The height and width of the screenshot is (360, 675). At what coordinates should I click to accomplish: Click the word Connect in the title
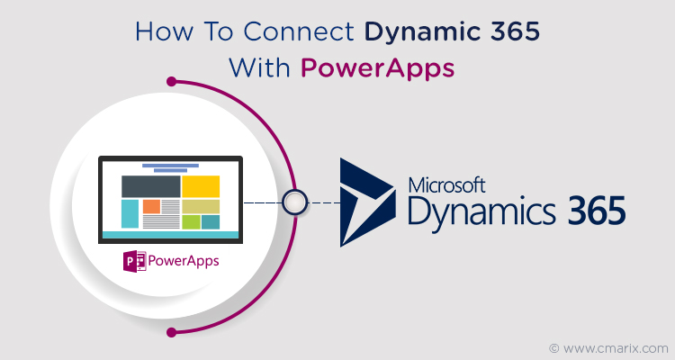(x=299, y=31)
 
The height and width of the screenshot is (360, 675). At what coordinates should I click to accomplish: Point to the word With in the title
(x=259, y=68)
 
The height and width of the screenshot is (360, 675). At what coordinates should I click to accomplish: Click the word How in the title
(x=164, y=31)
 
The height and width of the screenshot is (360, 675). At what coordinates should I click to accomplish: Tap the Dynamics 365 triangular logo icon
(x=367, y=202)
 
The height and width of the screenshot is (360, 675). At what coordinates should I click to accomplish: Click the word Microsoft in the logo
(x=446, y=185)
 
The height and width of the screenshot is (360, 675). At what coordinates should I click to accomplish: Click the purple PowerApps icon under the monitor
(x=135, y=261)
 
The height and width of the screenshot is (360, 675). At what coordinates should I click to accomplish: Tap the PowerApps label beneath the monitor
(x=184, y=261)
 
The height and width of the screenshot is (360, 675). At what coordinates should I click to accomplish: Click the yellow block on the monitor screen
(x=201, y=186)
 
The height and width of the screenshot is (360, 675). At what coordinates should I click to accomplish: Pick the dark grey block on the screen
(x=150, y=186)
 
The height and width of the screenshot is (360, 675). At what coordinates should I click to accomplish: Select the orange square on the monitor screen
(x=151, y=206)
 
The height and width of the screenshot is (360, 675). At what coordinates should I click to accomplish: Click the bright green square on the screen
(x=191, y=221)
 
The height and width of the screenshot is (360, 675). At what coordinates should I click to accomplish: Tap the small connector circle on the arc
(x=295, y=202)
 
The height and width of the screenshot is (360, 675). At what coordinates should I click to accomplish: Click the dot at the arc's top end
(x=171, y=81)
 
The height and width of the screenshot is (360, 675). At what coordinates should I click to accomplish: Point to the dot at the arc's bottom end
(x=171, y=332)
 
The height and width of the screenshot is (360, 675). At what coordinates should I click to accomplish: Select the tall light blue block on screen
(x=130, y=213)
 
